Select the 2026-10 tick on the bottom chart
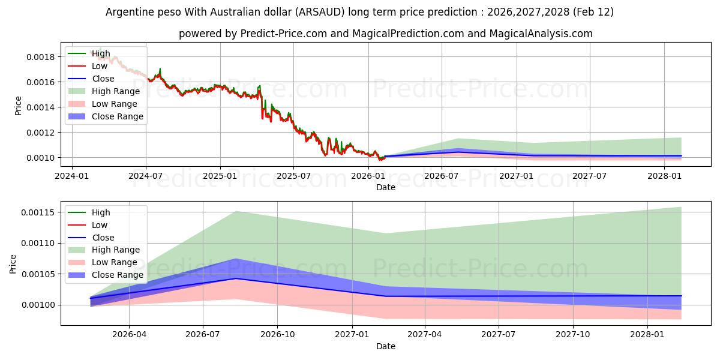(x=277, y=335)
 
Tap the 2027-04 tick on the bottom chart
(x=425, y=335)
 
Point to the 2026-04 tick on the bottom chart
(x=130, y=335)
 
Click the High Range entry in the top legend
(x=116, y=91)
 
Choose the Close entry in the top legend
(x=103, y=79)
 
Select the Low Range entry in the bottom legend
(x=115, y=262)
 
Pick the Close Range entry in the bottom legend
(x=117, y=275)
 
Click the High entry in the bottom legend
(x=101, y=212)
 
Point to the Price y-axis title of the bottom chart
(x=13, y=264)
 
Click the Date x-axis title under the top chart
(x=385, y=187)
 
